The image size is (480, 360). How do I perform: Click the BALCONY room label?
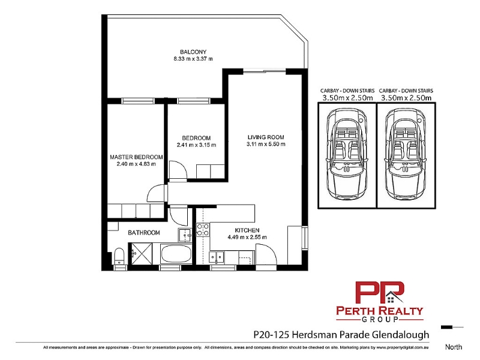click(193, 52)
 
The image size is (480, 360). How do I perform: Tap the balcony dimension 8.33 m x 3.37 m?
click(193, 59)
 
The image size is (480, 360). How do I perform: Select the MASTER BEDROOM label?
click(136, 157)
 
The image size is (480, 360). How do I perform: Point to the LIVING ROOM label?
click(266, 137)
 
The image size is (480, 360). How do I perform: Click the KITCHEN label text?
click(247, 230)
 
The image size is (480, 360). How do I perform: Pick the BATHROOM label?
click(144, 233)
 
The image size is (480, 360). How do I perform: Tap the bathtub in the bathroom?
click(176, 254)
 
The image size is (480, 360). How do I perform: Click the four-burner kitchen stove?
click(203, 230)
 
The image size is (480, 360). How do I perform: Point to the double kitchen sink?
click(217, 257)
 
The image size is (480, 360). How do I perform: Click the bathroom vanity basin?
click(185, 235)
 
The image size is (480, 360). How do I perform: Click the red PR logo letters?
click(379, 293)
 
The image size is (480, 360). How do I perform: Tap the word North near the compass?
click(454, 347)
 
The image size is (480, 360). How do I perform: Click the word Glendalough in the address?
click(400, 335)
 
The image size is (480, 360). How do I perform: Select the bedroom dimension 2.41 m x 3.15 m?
click(196, 145)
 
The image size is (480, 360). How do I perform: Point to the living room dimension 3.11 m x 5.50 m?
click(266, 144)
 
